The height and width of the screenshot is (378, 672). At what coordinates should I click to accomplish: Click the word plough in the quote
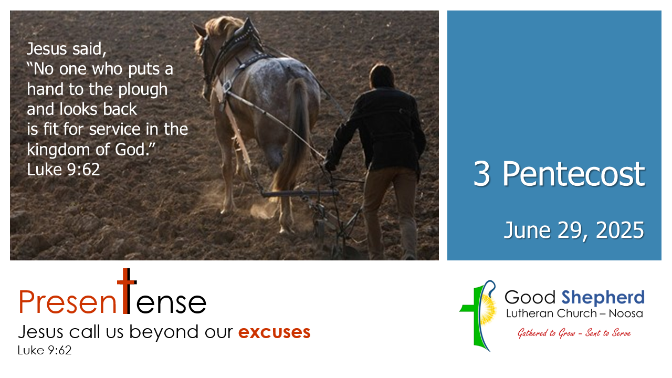[143, 90]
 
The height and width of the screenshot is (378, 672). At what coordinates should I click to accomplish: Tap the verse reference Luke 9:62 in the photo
[64, 170]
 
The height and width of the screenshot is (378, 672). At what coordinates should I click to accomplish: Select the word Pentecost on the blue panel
[573, 174]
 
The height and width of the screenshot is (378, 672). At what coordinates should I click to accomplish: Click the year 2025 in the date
[620, 230]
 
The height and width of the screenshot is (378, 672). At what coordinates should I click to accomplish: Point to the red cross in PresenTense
[127, 291]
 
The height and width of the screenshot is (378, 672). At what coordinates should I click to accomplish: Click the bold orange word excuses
[274, 332]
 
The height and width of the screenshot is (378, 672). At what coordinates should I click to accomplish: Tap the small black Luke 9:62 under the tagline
[45, 350]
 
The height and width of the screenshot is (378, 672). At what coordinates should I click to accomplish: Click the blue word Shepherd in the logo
[603, 298]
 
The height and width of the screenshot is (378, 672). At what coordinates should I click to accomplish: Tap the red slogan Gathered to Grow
[546, 333]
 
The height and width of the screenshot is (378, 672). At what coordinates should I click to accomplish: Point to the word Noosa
[626, 314]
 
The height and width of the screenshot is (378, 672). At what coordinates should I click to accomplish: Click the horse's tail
[292, 135]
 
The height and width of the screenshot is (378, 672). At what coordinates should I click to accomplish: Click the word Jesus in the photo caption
[47, 49]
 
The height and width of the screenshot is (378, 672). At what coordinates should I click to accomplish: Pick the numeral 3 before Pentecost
[482, 174]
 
